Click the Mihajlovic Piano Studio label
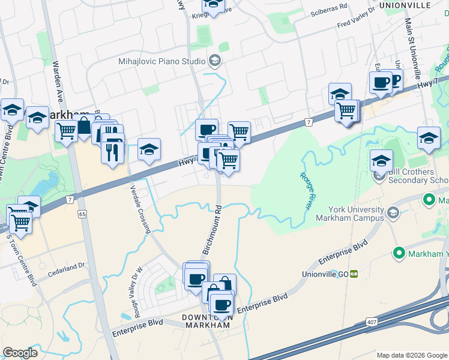pos(162,60)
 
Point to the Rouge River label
pos(306,190)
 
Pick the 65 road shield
pos(82,213)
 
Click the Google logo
pos(19,353)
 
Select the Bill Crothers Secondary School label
pos(418,176)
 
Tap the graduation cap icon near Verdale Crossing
pos(149,150)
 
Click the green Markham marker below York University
pos(399,254)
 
